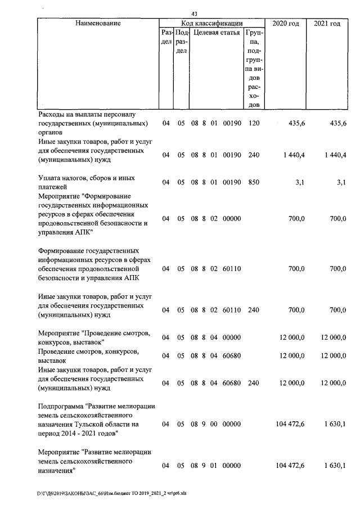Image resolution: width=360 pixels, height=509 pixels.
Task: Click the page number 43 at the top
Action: tap(194, 14)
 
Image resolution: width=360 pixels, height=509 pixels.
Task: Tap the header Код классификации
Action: tap(211, 24)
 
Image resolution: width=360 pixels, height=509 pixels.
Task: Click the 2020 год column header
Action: tap(286, 24)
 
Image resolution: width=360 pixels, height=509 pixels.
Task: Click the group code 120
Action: tap(253, 124)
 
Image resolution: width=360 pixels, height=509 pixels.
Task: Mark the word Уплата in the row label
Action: tap(50, 178)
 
